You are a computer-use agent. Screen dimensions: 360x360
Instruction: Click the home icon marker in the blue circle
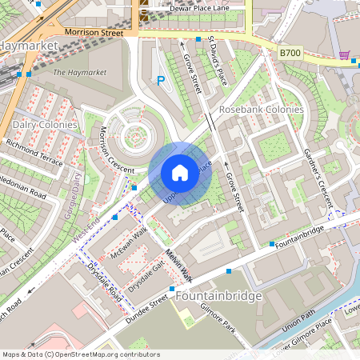[180, 173]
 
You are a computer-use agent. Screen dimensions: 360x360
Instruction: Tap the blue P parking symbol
[161, 80]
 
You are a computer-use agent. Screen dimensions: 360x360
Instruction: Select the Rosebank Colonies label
[261, 109]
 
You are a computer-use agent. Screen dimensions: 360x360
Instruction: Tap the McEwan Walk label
[129, 239]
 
